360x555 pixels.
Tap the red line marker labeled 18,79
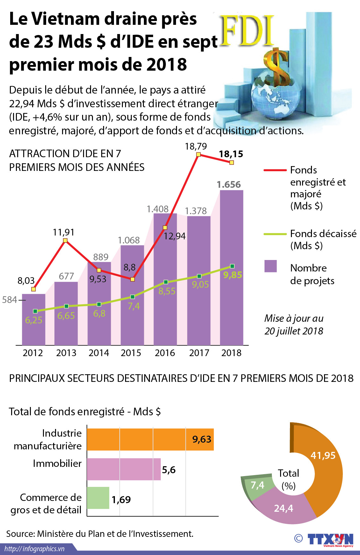click(198, 154)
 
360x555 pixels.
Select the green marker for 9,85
click(232, 266)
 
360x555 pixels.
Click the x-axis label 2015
click(131, 353)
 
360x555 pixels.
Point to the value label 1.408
click(157, 209)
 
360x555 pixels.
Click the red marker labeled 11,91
click(65, 240)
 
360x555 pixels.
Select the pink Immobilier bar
click(124, 469)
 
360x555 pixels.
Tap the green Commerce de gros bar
click(98, 498)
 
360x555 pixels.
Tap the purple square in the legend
click(271, 266)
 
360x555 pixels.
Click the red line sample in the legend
click(275, 170)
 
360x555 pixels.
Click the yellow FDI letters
click(247, 31)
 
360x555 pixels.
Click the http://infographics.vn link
click(34, 549)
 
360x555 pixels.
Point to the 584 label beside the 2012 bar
click(10, 300)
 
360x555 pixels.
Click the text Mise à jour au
click(293, 318)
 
